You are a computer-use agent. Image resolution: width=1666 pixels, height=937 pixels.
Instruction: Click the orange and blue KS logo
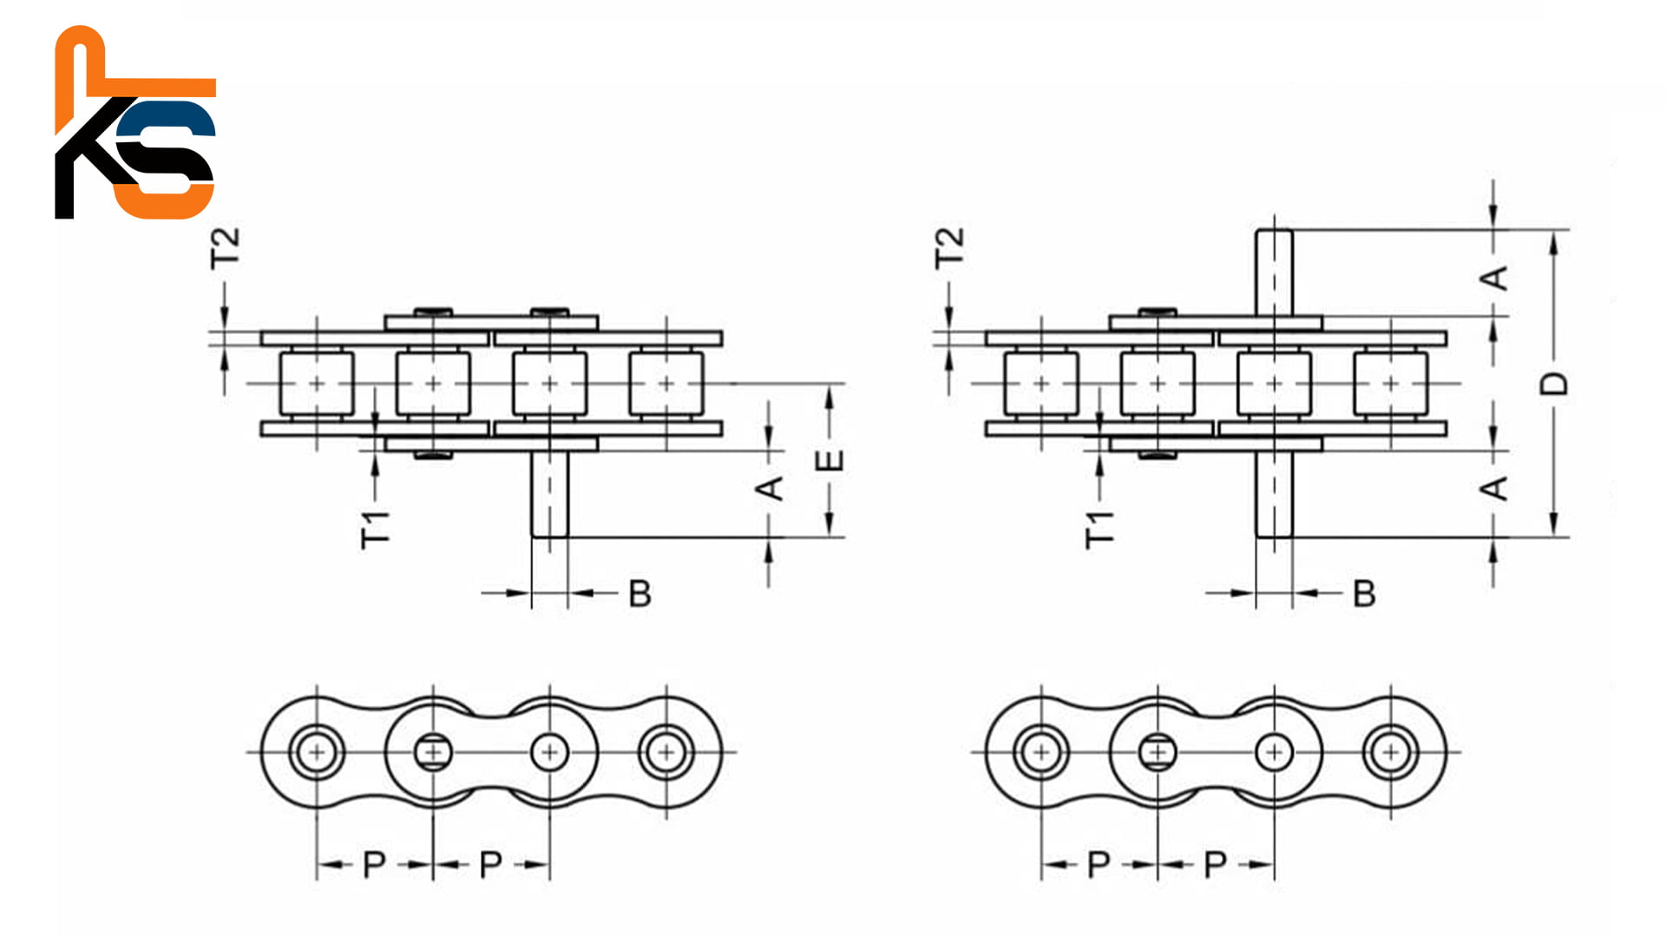134,122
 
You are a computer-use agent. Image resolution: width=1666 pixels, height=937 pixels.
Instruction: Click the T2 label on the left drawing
225,248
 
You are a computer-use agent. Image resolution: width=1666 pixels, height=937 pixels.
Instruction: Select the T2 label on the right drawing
949,248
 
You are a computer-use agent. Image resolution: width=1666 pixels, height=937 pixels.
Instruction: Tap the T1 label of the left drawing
376,529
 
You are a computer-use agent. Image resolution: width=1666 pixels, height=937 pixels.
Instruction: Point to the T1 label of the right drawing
1100,529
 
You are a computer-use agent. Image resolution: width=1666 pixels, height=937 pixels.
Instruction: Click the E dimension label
830,461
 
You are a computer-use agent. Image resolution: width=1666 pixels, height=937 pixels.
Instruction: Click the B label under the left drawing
640,593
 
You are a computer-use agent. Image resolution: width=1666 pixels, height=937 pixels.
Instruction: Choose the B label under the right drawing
1364,593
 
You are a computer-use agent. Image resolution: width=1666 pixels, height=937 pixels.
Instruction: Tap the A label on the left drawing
770,488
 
